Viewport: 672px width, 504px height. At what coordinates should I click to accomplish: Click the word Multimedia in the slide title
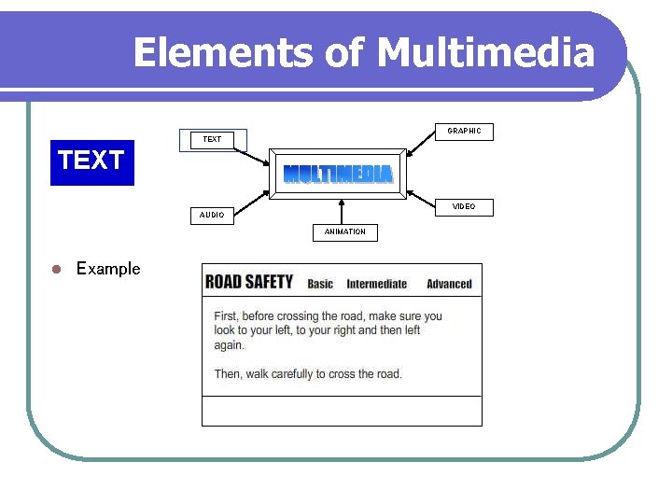pyautogui.click(x=485, y=52)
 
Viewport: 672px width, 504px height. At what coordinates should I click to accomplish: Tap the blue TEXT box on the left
pyautogui.click(x=91, y=161)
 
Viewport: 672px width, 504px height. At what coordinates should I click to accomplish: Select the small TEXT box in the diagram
pyautogui.click(x=213, y=139)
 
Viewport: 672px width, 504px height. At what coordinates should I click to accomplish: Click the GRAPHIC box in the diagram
pyautogui.click(x=464, y=132)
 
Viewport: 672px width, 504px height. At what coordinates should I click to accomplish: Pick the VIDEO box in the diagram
pyautogui.click(x=464, y=206)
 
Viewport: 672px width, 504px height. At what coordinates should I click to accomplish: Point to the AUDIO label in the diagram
pyautogui.click(x=212, y=215)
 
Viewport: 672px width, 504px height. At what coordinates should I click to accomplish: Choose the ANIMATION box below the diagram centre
pyautogui.click(x=344, y=231)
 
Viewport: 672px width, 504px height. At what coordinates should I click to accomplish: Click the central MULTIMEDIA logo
pyautogui.click(x=338, y=174)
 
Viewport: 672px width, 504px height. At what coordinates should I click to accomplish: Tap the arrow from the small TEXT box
pyautogui.click(x=251, y=156)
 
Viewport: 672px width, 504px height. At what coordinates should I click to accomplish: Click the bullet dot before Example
pyautogui.click(x=55, y=270)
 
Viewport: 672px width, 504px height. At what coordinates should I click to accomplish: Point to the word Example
pyautogui.click(x=108, y=269)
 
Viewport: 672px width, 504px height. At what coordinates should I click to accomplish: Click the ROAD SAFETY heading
pyautogui.click(x=249, y=282)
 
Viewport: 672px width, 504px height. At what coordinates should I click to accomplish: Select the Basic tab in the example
pyautogui.click(x=320, y=284)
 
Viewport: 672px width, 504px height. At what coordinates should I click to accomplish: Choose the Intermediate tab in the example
pyautogui.click(x=377, y=284)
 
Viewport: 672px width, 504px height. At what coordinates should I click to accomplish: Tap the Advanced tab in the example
pyautogui.click(x=449, y=284)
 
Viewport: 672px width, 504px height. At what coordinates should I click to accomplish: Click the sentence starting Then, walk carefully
pyautogui.click(x=308, y=374)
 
